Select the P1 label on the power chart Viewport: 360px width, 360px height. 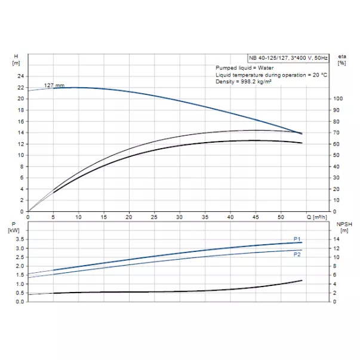click(297, 239)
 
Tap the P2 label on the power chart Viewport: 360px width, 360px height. click(297, 254)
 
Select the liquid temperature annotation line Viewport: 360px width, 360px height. click(272, 75)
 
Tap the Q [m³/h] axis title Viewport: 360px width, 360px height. click(318, 217)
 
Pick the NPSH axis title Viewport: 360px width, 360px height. click(343, 226)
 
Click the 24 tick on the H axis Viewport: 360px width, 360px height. click(20, 76)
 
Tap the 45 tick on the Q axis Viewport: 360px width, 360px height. click(255, 217)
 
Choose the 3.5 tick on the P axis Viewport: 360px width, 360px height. click(20, 239)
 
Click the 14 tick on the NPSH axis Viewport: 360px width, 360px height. click(337, 239)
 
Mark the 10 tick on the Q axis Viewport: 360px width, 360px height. click(79, 217)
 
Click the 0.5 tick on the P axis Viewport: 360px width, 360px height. click(20, 293)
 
